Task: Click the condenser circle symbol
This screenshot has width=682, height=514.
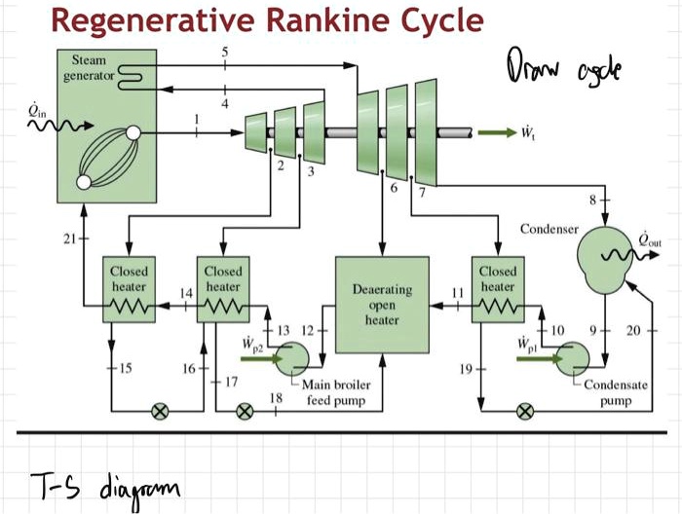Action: point(604,255)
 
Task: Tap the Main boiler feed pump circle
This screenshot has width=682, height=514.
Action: point(291,361)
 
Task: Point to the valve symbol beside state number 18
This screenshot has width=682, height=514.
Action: point(246,411)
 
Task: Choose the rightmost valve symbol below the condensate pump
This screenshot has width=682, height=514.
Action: point(525,411)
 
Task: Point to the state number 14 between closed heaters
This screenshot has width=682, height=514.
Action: point(182,293)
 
